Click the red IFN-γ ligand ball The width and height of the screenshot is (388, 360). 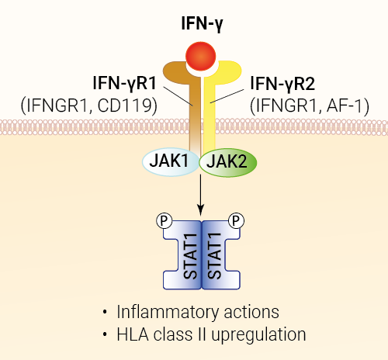[x=200, y=56]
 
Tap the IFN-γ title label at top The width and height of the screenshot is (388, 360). [x=202, y=24]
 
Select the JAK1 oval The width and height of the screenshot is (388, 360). [x=171, y=162]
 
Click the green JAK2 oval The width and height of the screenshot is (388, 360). [x=228, y=162]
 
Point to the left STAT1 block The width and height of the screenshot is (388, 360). [x=182, y=255]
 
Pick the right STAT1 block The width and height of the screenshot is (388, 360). [x=220, y=255]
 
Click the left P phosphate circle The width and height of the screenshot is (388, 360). [x=165, y=220]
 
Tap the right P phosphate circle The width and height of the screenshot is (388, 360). [x=236, y=220]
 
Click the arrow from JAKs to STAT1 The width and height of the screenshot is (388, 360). [x=200, y=195]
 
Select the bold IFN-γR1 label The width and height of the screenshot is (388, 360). [x=125, y=83]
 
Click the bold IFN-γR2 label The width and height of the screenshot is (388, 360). [x=282, y=84]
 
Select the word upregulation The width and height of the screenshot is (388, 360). [x=258, y=335]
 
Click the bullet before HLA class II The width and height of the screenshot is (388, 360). [x=105, y=334]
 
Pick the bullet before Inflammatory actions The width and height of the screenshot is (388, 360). [x=105, y=312]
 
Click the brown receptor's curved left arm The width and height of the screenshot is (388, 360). [x=176, y=70]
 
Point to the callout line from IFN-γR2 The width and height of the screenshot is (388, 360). [x=227, y=96]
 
